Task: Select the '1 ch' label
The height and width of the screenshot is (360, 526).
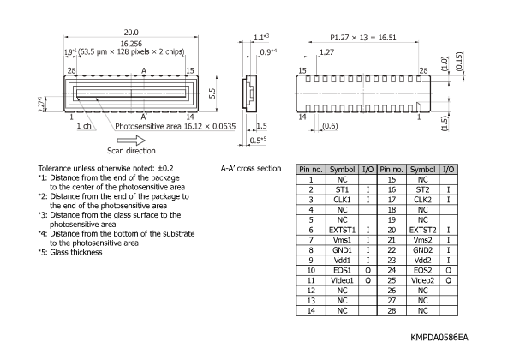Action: point(83,126)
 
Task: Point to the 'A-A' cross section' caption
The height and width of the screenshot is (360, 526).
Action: point(250,168)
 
